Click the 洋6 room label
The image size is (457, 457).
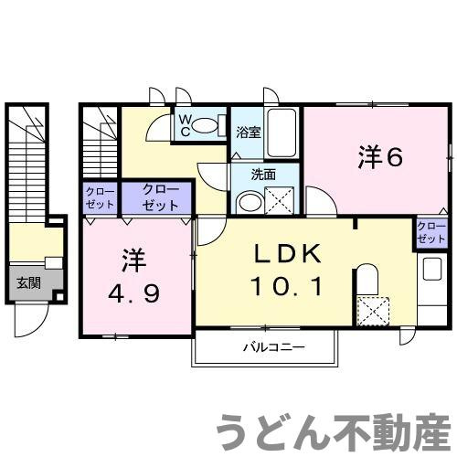pyautogui.click(x=380, y=157)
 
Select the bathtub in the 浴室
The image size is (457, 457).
pyautogui.click(x=284, y=133)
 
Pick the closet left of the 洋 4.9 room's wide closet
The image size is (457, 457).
pyautogui.click(x=96, y=198)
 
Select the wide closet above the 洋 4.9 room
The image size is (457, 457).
pyautogui.click(x=160, y=198)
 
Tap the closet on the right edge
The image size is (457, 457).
pyautogui.click(x=430, y=231)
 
